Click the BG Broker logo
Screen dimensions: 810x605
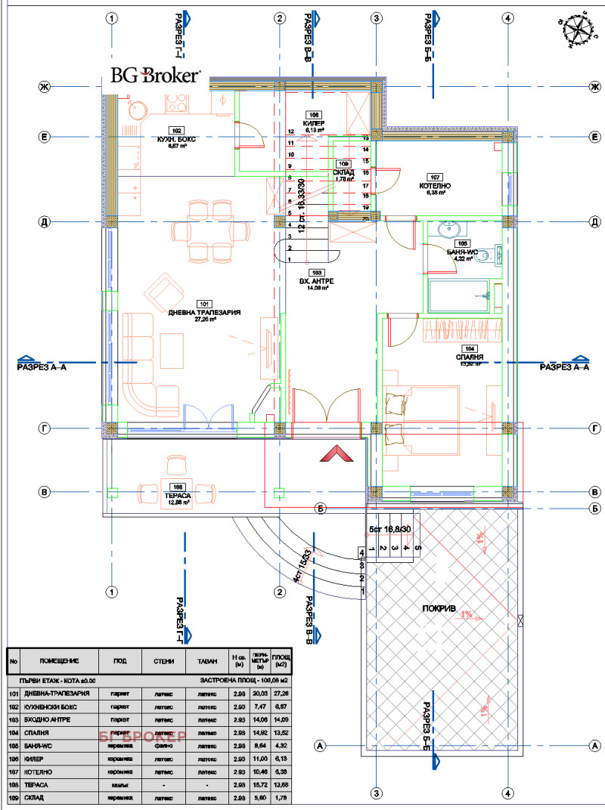point(156,75)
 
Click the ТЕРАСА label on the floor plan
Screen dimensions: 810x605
point(178,495)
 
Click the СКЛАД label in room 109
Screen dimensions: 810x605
point(344,172)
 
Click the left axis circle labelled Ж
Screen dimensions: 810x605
point(45,88)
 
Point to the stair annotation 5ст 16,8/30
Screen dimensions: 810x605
point(387,530)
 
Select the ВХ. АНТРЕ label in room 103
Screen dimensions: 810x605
point(317,280)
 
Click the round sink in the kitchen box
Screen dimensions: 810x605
point(138,110)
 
